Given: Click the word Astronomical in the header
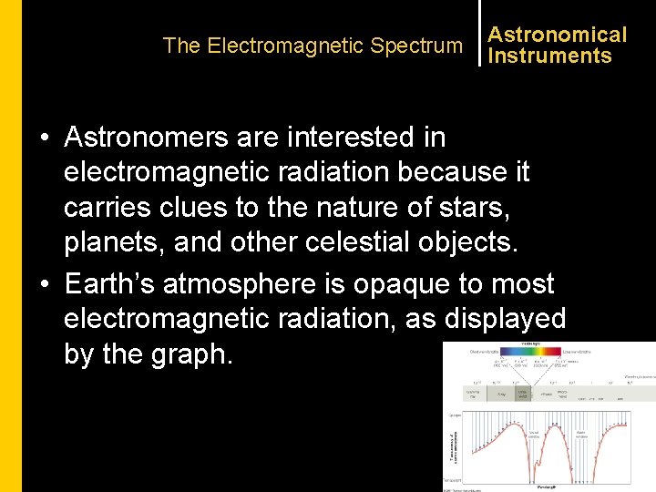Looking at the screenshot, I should click(557, 35).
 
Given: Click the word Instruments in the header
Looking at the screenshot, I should click(549, 56).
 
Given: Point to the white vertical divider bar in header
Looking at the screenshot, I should click(480, 33).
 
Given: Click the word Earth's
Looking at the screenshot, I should click(109, 283).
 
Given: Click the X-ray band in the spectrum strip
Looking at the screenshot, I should click(502, 394).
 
